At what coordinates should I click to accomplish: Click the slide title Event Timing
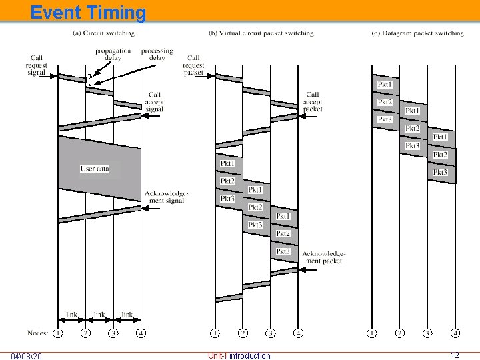coord(87,12)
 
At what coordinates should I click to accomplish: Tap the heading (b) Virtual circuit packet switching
coord(261,33)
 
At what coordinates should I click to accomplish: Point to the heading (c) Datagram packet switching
coord(417,33)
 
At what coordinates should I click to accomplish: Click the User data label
coord(94,169)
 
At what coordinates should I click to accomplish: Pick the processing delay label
coord(157,54)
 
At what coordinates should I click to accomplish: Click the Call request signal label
coord(36,65)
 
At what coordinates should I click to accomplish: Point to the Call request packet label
coord(193,65)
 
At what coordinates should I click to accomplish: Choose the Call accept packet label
coord(312,101)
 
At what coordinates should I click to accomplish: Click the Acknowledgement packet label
coord(323,257)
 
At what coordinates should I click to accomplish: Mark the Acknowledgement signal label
coord(166,197)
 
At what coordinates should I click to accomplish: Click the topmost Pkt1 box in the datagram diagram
coord(385,85)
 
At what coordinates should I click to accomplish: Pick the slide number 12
coord(455,355)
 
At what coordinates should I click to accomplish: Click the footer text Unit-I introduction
coord(239,355)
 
